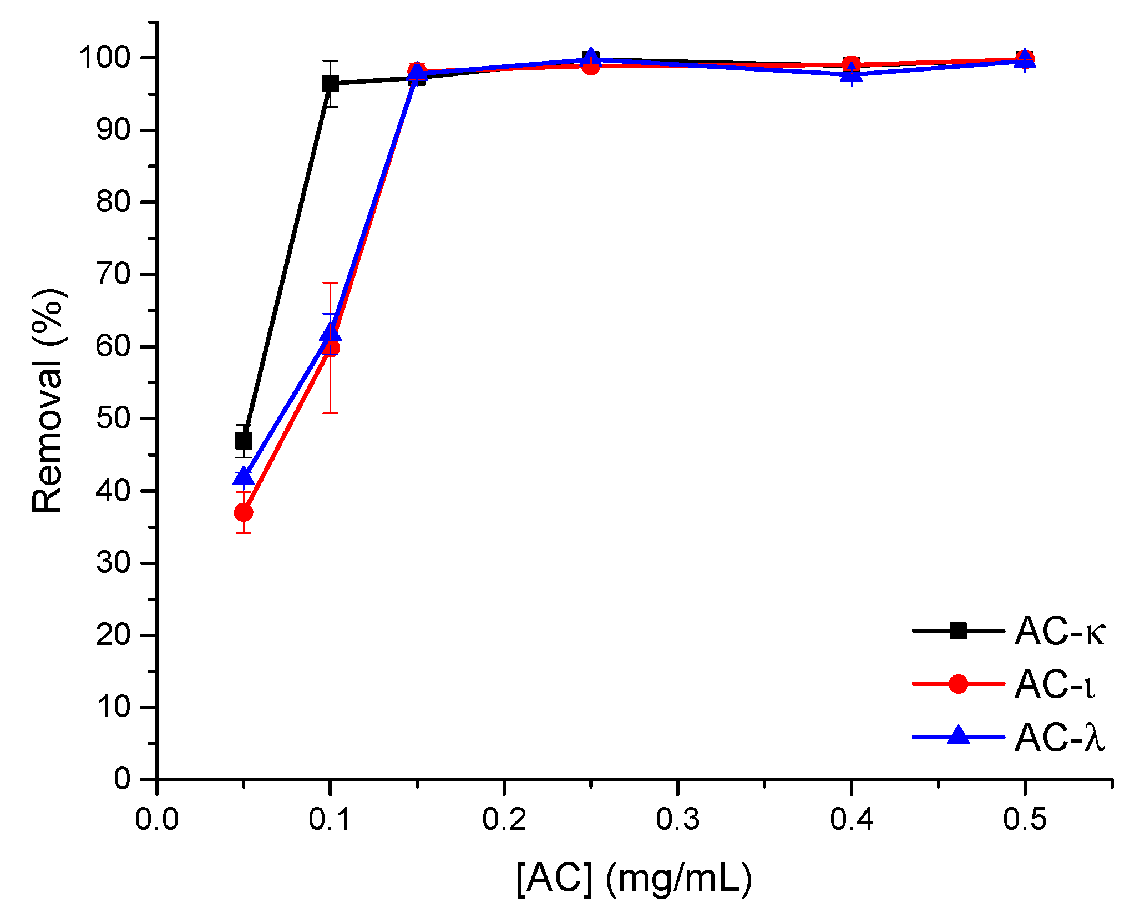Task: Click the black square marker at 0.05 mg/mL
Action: coord(244,441)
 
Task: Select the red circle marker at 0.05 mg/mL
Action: coord(244,512)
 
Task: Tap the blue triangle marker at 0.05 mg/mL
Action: coord(244,477)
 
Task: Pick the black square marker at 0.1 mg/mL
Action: coord(330,84)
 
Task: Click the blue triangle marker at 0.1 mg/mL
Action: coord(331,333)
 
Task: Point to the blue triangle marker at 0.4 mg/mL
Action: coord(851,73)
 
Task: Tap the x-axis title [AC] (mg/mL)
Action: coord(634,879)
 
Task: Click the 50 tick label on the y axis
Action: coord(113,418)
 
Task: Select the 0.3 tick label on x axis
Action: coord(677,819)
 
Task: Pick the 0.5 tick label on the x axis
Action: coord(1025,819)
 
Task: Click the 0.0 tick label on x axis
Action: coord(157,819)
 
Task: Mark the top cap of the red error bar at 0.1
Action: coord(330,283)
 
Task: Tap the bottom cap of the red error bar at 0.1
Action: coord(330,413)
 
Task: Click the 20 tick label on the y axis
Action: coord(113,635)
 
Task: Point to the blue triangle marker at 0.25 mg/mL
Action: coord(591,57)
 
